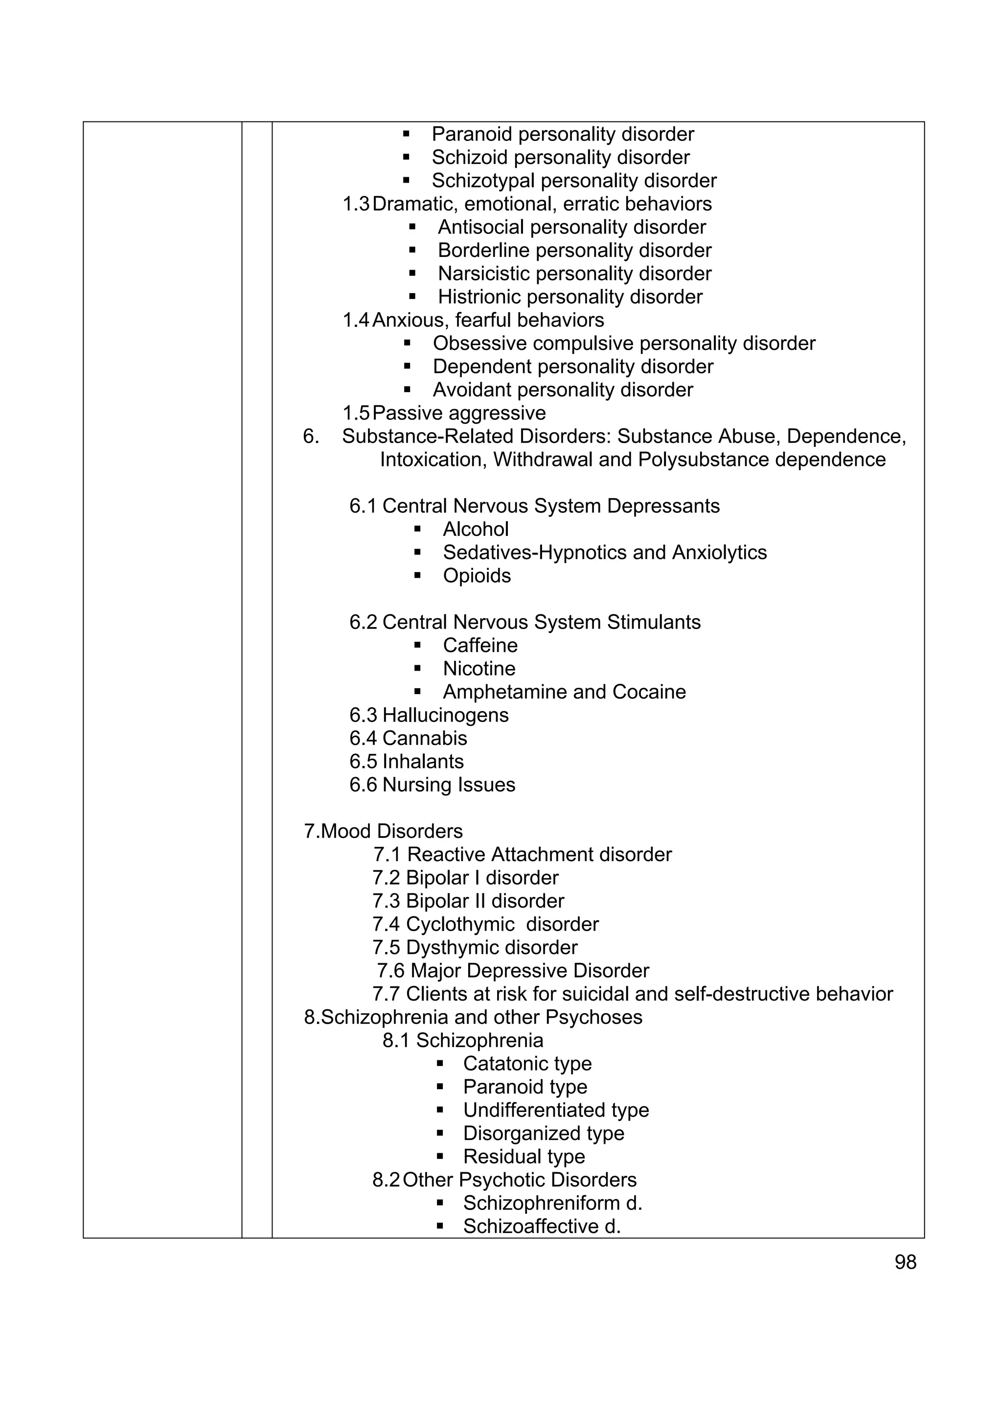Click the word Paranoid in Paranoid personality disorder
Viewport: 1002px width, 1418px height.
click(x=470, y=134)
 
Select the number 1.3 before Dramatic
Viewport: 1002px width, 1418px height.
click(x=356, y=204)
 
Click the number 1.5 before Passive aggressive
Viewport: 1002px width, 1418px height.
click(x=356, y=413)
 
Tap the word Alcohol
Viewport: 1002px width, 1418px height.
click(x=476, y=529)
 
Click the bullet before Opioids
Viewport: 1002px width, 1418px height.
click(x=417, y=576)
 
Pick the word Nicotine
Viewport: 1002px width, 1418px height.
click(x=478, y=669)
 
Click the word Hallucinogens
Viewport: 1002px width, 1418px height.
click(x=445, y=715)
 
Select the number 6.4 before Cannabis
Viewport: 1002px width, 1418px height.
click(x=363, y=738)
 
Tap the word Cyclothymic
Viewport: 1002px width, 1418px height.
click(x=460, y=925)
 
